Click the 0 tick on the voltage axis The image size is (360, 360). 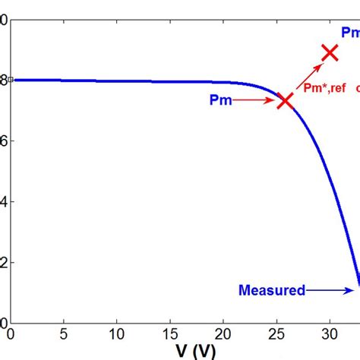coord(10,333)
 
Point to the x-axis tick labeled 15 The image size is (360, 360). coord(169,333)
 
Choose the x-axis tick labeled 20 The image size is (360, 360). coord(223,333)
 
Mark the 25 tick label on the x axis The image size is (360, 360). coord(276,333)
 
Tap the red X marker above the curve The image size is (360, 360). coord(330,52)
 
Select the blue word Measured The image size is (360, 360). coord(272,289)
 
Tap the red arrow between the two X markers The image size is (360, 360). coord(308,77)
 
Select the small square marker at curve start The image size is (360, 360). coord(11,79)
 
